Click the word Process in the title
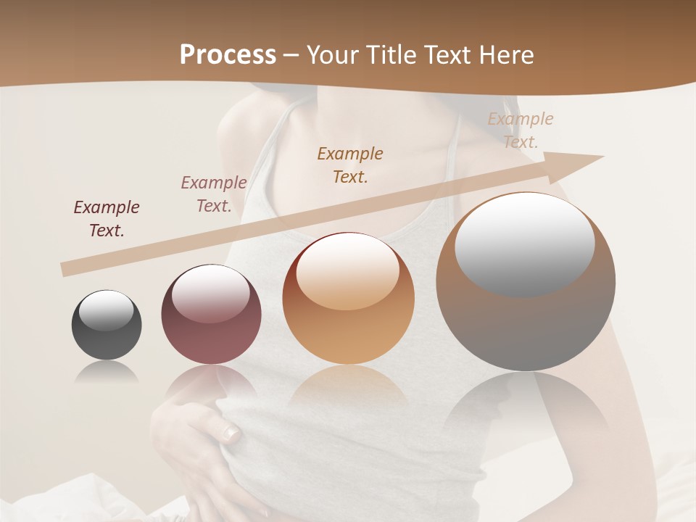click(x=228, y=55)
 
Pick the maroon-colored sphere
click(x=210, y=315)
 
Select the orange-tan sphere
click(x=348, y=299)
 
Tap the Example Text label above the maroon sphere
click(x=214, y=194)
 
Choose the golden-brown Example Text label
click(x=350, y=165)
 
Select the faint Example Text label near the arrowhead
click(x=520, y=130)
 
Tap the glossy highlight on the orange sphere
click(x=347, y=272)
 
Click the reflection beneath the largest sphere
click(x=526, y=406)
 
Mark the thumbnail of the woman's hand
click(x=231, y=434)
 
